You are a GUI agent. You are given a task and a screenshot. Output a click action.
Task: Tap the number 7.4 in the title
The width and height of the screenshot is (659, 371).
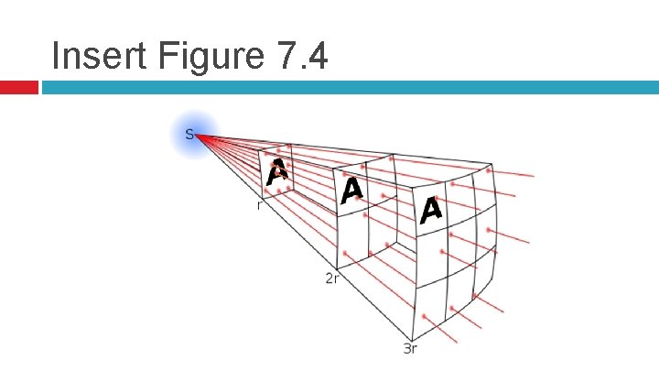[x=297, y=56]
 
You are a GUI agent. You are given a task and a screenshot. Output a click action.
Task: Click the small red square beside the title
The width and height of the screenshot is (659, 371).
[x=18, y=88]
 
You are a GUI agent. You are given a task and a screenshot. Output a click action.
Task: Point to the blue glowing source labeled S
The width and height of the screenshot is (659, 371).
[x=192, y=136]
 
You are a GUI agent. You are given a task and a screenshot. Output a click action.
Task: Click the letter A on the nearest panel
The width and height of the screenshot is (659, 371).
[x=277, y=171]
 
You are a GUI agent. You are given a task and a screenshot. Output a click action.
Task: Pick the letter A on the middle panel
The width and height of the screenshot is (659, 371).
[x=351, y=191]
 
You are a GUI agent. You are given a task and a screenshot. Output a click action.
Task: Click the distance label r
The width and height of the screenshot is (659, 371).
[x=259, y=206]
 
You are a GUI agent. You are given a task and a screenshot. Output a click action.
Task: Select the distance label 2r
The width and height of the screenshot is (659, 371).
[x=332, y=277]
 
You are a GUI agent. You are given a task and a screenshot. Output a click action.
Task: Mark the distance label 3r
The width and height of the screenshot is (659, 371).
[x=411, y=347]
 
